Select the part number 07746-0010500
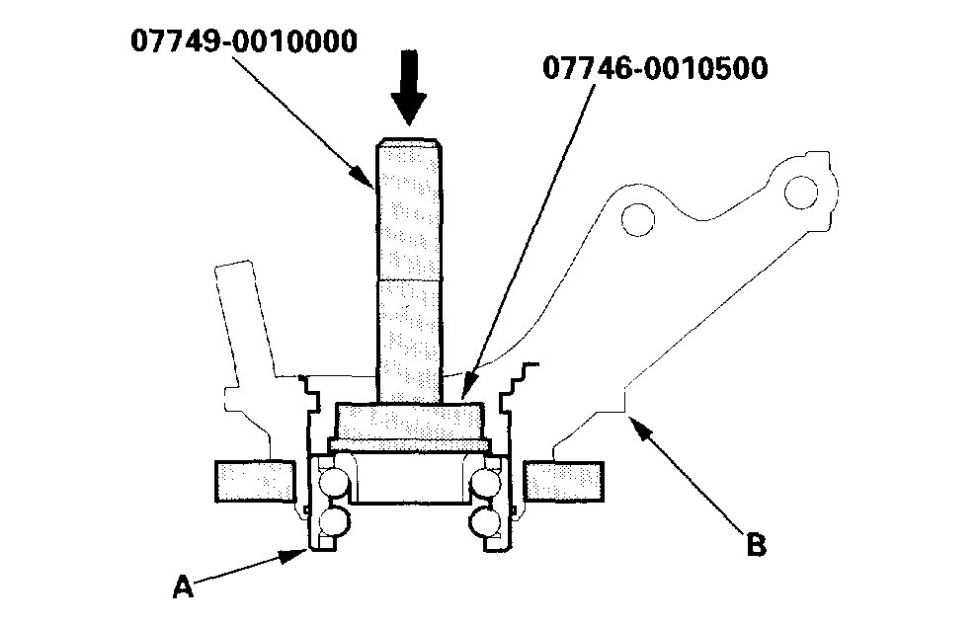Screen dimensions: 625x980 click(655, 70)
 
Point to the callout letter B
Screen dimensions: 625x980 click(756, 544)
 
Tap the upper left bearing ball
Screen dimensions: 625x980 click(332, 483)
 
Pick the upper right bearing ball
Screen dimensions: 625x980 click(486, 483)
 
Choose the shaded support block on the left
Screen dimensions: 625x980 click(254, 480)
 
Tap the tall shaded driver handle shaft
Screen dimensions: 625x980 click(409, 267)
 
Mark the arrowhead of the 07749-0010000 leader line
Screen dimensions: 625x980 click(368, 184)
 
